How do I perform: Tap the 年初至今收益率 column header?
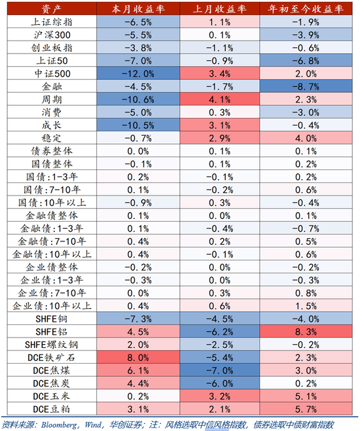(x=306, y=9)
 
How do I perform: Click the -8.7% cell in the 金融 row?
(x=306, y=86)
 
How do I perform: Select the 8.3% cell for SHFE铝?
(x=306, y=332)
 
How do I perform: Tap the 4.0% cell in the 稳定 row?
(x=306, y=137)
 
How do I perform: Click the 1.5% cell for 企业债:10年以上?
(x=306, y=305)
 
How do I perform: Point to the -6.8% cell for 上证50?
(x=306, y=60)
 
